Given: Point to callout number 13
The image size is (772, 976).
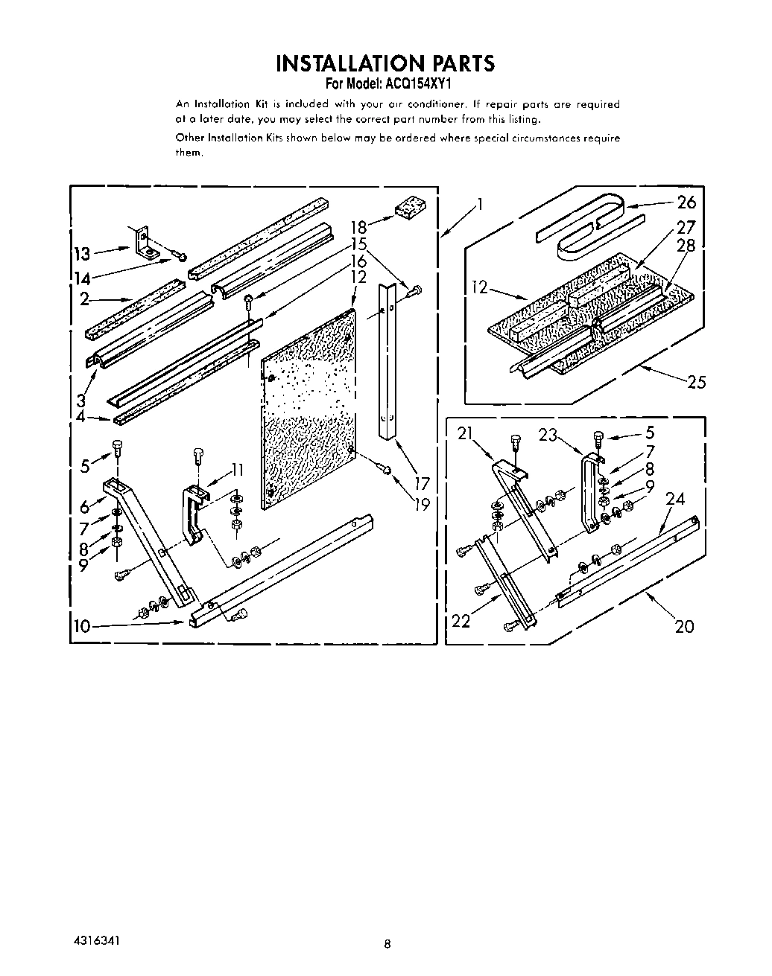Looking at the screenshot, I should tap(81, 254).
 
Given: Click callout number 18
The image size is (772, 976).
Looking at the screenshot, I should tap(358, 228).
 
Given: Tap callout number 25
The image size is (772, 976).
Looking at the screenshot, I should tap(696, 383).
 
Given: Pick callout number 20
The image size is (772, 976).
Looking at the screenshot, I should tap(683, 626).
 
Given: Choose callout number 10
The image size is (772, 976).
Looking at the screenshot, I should tap(81, 626).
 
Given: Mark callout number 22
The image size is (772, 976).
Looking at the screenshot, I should tap(461, 620).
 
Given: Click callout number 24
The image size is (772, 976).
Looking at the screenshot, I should tap(674, 499).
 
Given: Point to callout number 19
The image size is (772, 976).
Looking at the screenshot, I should tap(422, 504).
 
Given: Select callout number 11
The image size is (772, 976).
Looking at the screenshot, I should tap(237, 470).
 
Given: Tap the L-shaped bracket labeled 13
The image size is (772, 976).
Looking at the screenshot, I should tap(143, 241).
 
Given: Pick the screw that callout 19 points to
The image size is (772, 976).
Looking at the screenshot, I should tap(385, 468).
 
